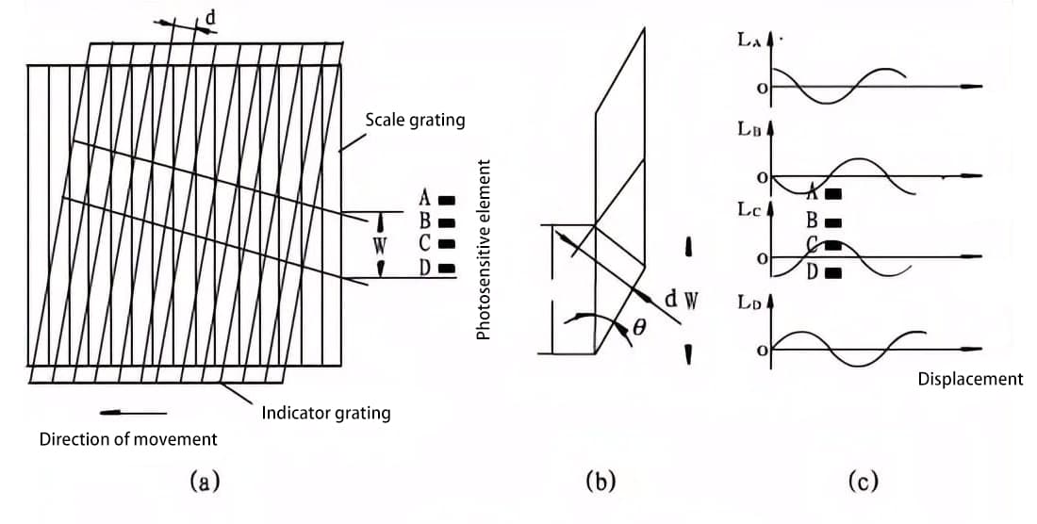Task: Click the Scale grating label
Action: [415, 121]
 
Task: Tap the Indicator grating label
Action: [325, 413]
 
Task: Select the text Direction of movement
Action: [128, 439]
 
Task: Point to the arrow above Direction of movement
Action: [132, 412]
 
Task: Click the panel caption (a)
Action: [205, 483]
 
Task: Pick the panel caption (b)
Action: [600, 483]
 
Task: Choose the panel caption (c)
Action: [862, 483]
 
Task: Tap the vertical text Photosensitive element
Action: [485, 250]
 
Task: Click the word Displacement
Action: [970, 379]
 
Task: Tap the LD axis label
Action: [751, 303]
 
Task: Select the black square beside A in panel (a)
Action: [448, 199]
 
